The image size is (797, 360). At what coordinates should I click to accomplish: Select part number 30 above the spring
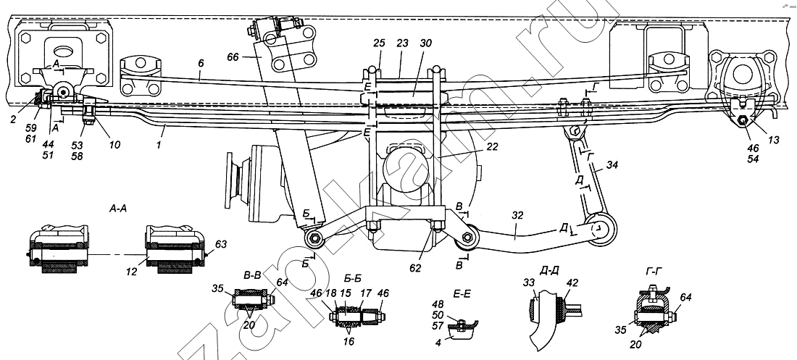425,43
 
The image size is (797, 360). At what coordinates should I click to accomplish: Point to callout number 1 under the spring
161,146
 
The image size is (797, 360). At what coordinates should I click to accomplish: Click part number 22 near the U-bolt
491,147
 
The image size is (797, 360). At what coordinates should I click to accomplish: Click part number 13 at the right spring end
772,141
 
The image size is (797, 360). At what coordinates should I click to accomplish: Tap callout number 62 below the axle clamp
415,268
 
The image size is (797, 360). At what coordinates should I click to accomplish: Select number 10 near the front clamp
114,145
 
